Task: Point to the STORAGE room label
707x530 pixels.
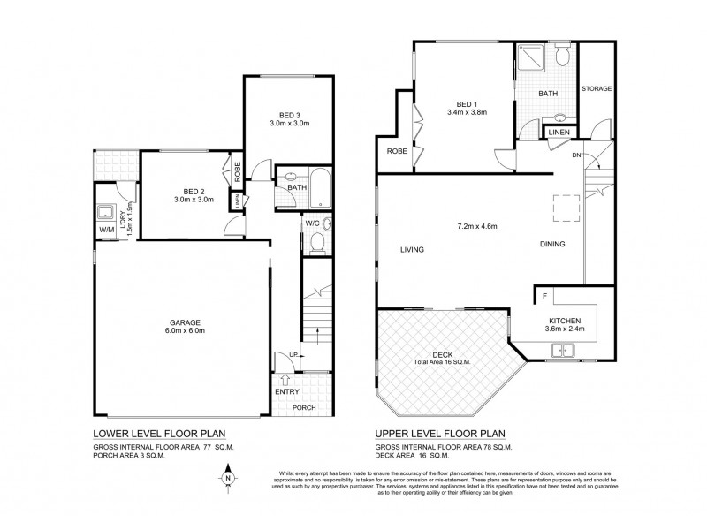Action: (597, 90)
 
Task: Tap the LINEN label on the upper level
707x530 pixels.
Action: (559, 132)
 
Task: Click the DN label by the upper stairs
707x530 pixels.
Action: (577, 155)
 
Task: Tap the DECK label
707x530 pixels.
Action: (443, 353)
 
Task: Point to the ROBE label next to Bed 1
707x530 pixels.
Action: (395, 151)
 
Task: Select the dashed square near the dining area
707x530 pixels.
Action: (565, 208)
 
